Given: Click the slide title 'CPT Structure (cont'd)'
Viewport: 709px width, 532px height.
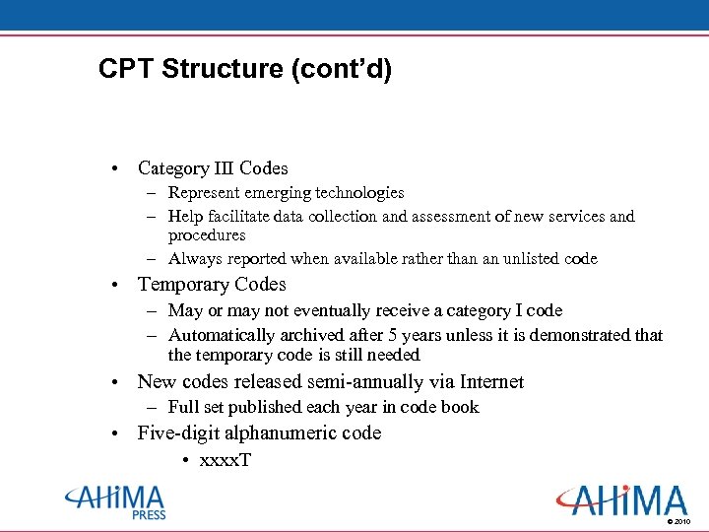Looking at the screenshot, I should pyautogui.click(x=245, y=70).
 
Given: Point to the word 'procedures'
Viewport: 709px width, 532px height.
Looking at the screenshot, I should pyautogui.click(x=207, y=235).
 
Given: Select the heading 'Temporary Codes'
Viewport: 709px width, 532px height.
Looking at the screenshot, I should pyautogui.click(x=212, y=285).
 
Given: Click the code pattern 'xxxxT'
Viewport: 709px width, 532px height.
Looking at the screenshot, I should pyautogui.click(x=226, y=460).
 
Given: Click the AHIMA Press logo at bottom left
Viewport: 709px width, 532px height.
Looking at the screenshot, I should pyautogui.click(x=115, y=501).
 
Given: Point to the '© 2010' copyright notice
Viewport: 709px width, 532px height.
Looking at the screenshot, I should pyautogui.click(x=679, y=521).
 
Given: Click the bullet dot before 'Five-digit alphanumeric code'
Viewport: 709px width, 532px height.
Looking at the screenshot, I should pyautogui.click(x=116, y=434).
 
